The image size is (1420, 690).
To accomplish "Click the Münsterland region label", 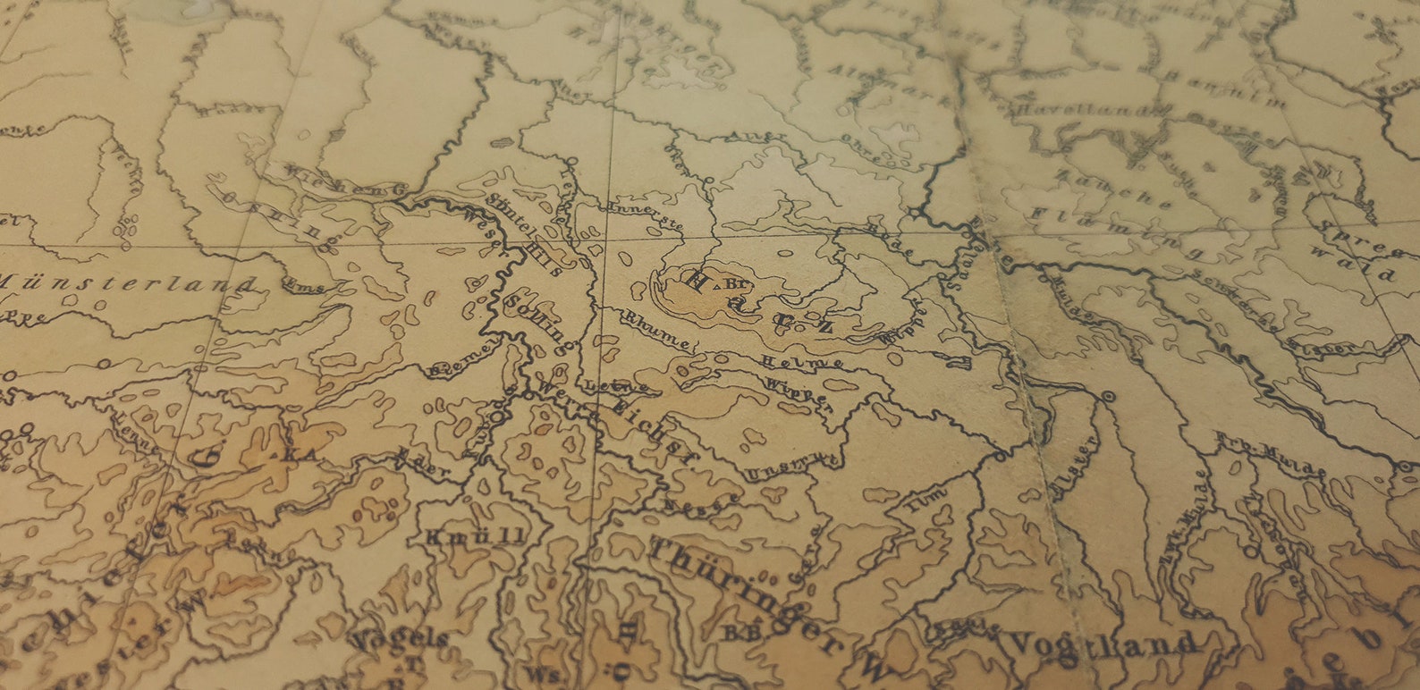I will (x=125, y=285).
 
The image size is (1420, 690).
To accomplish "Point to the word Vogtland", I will (x=1102, y=643).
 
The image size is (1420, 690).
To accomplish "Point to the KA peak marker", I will (x=302, y=455).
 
